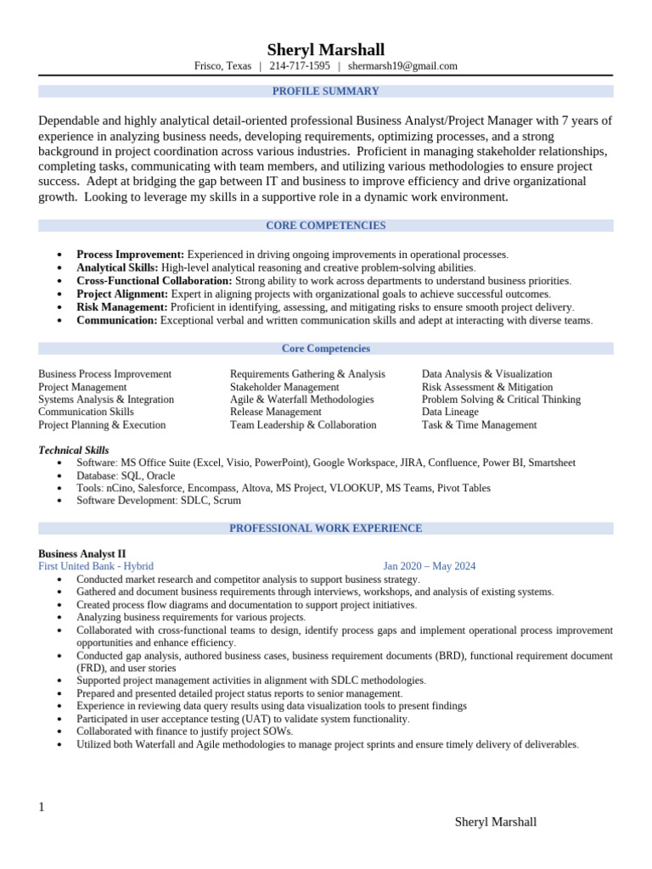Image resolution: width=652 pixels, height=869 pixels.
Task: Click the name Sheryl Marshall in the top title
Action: pyautogui.click(x=325, y=49)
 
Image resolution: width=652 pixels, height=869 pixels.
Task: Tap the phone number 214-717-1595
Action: pyautogui.click(x=300, y=66)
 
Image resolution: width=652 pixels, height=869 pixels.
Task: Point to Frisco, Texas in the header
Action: pyautogui.click(x=222, y=66)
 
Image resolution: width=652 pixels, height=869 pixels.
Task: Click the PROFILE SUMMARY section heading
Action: pyautogui.click(x=325, y=92)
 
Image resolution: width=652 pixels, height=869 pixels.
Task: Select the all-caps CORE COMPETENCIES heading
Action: pyautogui.click(x=325, y=226)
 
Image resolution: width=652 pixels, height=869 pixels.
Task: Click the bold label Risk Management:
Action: pyautogui.click(x=122, y=307)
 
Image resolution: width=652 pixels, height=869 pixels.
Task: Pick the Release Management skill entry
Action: pyautogui.click(x=275, y=412)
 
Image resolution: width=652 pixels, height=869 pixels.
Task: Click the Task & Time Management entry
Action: pyautogui.click(x=479, y=425)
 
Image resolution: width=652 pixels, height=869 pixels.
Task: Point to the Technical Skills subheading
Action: pyautogui.click(x=74, y=451)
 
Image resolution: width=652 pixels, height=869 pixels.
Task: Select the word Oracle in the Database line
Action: pyautogui.click(x=160, y=476)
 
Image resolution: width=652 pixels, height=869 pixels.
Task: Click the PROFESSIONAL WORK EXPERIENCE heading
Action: pyautogui.click(x=325, y=529)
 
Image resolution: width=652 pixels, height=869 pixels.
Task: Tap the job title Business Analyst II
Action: pyautogui.click(x=82, y=553)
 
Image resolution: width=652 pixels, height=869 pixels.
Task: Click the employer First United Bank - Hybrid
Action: pyautogui.click(x=96, y=566)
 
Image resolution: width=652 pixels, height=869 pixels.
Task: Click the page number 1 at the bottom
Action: pyautogui.click(x=42, y=807)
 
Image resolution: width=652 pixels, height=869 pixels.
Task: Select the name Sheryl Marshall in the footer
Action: pyautogui.click(x=495, y=821)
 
